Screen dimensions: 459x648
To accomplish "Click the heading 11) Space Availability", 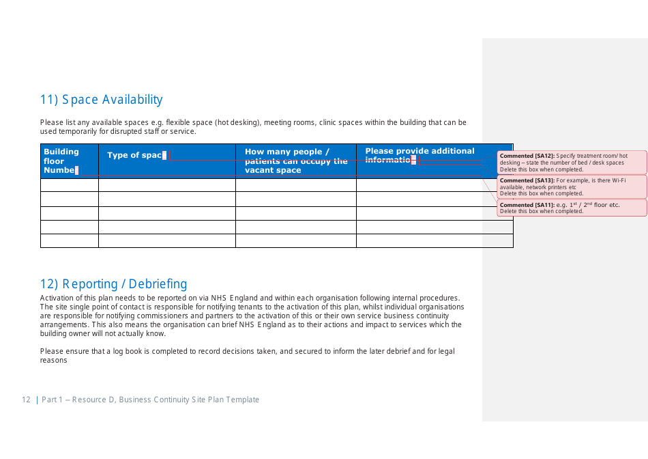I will tap(101, 100).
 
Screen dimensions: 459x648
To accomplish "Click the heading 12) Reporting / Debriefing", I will tap(113, 284).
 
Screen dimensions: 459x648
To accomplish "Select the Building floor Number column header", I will tap(61, 161).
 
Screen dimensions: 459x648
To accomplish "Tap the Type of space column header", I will tap(135, 155).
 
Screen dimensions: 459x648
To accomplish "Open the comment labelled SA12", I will tap(572, 163).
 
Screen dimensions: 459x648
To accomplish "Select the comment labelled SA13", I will tap(572, 186).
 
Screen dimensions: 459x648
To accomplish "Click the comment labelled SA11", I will tap(572, 208).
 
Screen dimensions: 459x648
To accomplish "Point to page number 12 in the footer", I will tap(26, 400).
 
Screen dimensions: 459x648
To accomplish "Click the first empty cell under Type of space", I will tap(166, 185).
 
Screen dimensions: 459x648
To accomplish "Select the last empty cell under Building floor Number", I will tap(69, 241).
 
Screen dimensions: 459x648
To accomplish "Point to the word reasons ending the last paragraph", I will tap(54, 360).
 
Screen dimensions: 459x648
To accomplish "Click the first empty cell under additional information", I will tap(434, 185).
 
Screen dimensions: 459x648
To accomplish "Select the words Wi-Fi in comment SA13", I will tap(619, 180).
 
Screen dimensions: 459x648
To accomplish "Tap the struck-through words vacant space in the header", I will tap(273, 170).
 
